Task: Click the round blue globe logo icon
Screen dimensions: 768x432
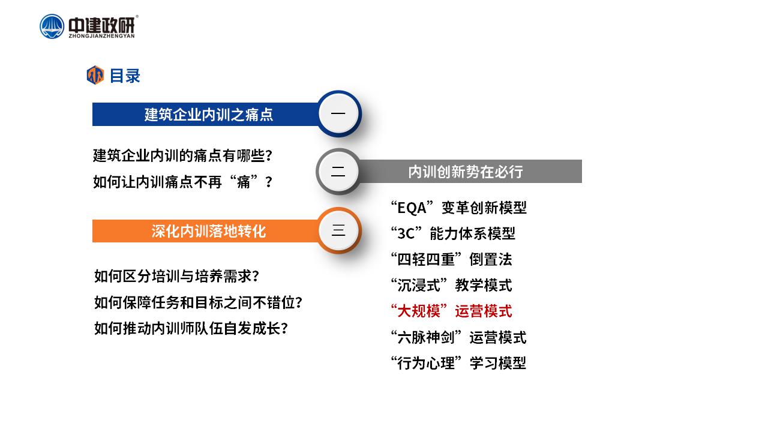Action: point(52,26)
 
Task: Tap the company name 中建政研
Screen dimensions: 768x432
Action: point(101,25)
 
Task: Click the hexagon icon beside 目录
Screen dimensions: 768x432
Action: point(95,75)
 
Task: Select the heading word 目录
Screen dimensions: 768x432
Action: point(125,76)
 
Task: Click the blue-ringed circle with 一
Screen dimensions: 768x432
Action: point(338,113)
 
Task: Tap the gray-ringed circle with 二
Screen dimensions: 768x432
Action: point(338,172)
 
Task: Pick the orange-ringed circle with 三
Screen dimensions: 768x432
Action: point(338,230)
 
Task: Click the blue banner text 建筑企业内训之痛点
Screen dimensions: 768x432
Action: point(208,115)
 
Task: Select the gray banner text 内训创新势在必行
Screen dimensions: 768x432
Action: point(465,172)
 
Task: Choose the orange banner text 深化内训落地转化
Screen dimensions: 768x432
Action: point(208,231)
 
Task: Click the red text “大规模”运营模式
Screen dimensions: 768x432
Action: point(452,311)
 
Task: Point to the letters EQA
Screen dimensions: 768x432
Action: point(412,208)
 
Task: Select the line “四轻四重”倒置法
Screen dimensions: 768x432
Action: point(452,260)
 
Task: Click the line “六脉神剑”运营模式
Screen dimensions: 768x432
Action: point(459,337)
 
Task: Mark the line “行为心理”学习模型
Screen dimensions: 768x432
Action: point(459,363)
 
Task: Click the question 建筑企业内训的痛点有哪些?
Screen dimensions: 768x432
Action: point(183,155)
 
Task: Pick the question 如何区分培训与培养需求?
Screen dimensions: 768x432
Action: point(176,276)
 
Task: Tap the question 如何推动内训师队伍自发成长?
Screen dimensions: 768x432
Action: point(191,328)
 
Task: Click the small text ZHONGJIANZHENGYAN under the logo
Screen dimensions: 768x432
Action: point(101,36)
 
